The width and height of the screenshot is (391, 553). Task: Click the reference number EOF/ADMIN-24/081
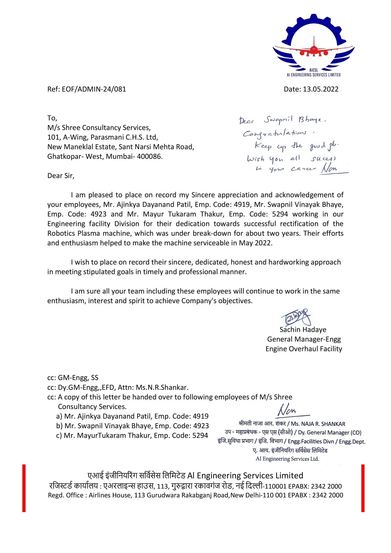coord(94,89)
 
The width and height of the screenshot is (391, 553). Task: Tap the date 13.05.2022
coord(320,89)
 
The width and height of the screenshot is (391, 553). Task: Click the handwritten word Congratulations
coord(274,133)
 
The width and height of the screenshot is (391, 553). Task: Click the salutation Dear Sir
coord(61,176)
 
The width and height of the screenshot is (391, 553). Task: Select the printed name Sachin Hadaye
coord(303,330)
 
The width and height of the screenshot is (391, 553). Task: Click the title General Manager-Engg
coord(304,339)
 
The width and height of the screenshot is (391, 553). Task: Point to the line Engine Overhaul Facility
coord(304,349)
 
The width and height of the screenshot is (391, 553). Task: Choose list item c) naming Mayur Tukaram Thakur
coord(132,435)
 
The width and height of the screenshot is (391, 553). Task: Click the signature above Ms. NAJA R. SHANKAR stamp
coord(289,410)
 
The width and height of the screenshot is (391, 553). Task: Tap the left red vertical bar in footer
coord(24,488)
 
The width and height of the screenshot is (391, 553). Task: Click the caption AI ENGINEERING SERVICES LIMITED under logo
coord(313,75)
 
